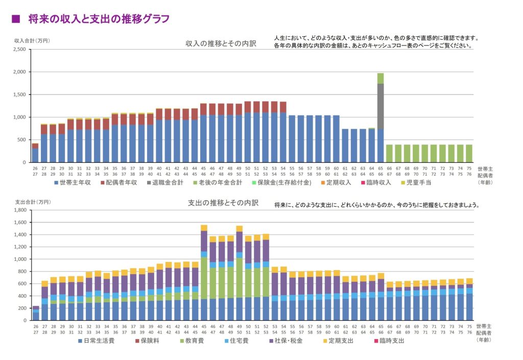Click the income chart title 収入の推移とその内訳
[221, 44]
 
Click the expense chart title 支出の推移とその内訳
[223, 203]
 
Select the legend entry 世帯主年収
[72, 182]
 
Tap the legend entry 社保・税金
[287, 340]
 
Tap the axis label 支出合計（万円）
[32, 202]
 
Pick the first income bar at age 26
[35, 155]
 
